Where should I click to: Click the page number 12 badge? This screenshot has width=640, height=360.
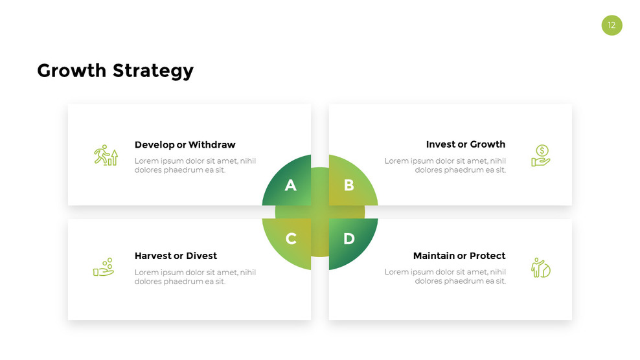click(611, 25)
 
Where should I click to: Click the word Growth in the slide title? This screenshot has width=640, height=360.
click(72, 70)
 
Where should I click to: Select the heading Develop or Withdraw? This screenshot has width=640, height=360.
click(185, 145)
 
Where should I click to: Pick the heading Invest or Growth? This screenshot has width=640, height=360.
click(465, 144)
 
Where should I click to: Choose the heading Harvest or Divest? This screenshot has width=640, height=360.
click(176, 256)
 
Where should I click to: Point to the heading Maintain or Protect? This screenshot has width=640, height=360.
click(459, 256)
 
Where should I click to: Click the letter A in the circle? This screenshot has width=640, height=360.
click(291, 186)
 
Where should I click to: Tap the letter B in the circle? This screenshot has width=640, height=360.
click(349, 186)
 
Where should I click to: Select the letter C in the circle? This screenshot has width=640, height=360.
click(291, 239)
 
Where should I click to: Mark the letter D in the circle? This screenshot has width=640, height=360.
click(349, 239)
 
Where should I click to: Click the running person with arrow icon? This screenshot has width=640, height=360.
click(106, 155)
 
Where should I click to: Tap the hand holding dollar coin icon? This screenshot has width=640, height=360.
click(540, 155)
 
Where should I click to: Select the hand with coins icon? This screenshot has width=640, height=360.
click(104, 267)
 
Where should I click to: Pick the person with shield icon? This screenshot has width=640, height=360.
click(540, 267)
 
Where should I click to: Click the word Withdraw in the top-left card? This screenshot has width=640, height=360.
click(212, 145)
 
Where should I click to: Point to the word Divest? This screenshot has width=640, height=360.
click(201, 256)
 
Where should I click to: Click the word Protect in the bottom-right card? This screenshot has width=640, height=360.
click(487, 256)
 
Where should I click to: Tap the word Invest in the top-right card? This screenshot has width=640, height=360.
click(440, 144)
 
